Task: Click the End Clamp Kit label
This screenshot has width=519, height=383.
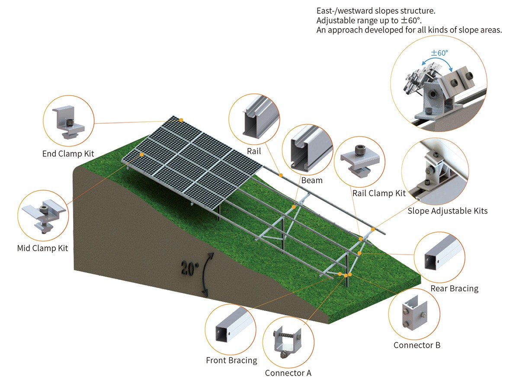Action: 68,153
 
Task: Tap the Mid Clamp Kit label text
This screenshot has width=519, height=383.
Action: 42,248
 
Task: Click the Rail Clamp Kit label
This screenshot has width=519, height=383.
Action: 379,193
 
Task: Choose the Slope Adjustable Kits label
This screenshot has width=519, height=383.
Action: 448,211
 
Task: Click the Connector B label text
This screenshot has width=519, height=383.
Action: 417,345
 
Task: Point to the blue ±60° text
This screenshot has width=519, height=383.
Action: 439,53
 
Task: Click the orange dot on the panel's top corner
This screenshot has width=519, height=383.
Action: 182,120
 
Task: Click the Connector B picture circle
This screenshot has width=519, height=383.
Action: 414,314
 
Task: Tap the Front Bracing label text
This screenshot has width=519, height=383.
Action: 231,360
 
